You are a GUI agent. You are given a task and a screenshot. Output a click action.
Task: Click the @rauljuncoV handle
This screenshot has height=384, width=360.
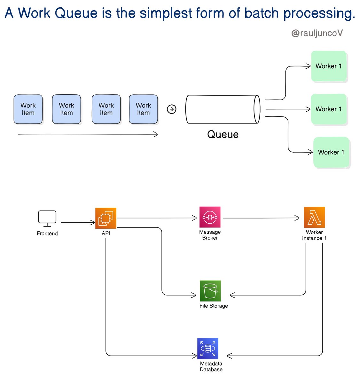(x=317, y=33)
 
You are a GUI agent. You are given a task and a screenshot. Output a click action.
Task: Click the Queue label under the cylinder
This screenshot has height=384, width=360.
(x=223, y=134)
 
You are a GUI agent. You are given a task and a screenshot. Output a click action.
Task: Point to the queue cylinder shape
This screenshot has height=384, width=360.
(x=223, y=109)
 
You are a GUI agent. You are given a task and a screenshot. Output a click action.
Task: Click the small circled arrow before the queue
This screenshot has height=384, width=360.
(x=172, y=109)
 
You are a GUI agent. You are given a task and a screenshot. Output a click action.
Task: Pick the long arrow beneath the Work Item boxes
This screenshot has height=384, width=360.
(x=88, y=134)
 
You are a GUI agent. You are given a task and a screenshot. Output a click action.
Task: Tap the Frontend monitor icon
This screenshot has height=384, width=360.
(x=47, y=218)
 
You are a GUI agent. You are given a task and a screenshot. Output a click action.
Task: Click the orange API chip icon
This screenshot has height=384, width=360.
(x=106, y=218)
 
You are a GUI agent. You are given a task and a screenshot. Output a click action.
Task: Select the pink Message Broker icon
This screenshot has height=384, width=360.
(x=210, y=217)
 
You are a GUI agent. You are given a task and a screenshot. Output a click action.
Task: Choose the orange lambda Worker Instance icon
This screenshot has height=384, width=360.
(x=314, y=218)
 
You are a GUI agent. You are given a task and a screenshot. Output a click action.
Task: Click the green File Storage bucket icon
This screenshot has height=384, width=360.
(x=210, y=291)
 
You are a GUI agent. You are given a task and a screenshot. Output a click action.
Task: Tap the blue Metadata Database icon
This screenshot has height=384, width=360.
(x=208, y=348)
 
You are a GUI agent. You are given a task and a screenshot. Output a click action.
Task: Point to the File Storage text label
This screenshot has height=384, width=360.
(x=214, y=306)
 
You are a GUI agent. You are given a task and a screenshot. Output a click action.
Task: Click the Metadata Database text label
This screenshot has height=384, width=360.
(x=211, y=367)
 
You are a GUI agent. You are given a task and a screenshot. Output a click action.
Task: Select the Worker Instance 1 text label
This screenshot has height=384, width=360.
(x=314, y=235)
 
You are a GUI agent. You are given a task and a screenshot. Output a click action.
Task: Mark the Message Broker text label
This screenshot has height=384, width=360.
(x=210, y=235)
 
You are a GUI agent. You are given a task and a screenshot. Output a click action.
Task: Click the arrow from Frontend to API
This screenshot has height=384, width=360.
(x=78, y=222)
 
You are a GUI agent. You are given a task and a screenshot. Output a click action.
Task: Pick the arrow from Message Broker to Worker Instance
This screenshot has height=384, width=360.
(x=261, y=218)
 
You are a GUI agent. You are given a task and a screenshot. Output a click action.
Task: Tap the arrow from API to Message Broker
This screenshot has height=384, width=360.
(x=157, y=218)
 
